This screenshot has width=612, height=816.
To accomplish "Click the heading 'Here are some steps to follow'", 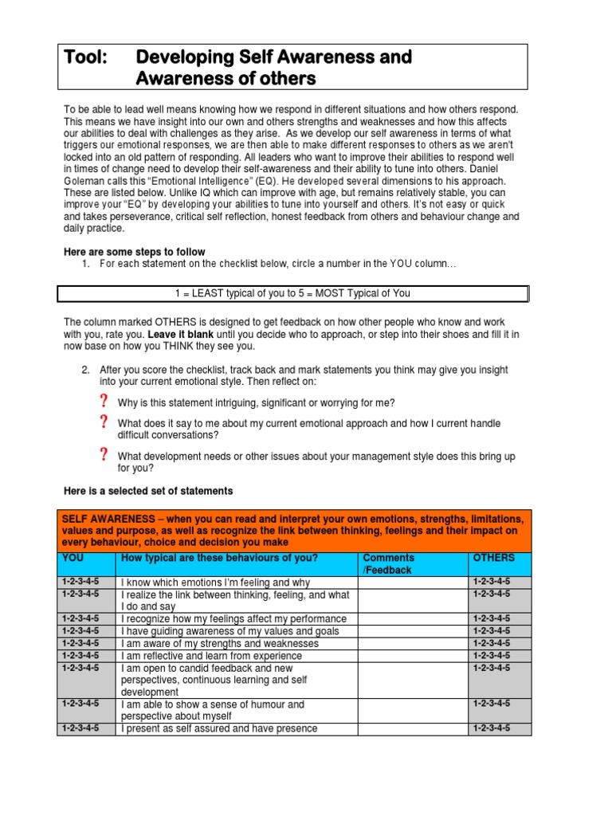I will coord(134,252).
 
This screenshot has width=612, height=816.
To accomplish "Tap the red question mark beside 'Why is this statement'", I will coord(103,401).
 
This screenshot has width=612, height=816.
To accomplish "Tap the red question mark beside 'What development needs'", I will coord(103,455).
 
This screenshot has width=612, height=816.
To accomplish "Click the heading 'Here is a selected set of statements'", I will coord(148,490).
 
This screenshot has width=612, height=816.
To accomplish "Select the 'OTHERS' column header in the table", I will coord(493,558).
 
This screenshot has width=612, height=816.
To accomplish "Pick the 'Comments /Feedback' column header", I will coord(388,564).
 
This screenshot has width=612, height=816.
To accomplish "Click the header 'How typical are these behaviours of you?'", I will coord(219,558).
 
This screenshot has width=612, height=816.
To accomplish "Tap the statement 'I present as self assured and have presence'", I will coord(219,728).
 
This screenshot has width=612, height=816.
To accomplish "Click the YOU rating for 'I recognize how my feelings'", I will coord(80,618).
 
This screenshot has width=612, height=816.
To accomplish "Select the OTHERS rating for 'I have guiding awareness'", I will coord(492,631).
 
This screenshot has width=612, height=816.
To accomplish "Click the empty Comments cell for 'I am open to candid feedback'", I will coord(412,680).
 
